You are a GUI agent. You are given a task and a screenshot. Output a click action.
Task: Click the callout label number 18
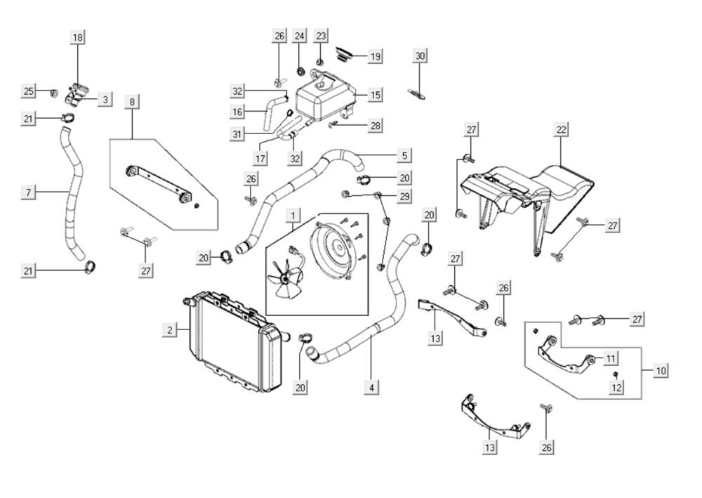pos(77,37)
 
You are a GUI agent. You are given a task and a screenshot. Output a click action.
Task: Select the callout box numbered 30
pos(420,55)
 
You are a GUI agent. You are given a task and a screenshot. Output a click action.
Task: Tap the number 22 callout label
pos(561,129)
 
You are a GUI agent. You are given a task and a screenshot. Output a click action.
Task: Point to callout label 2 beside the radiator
pos(168,329)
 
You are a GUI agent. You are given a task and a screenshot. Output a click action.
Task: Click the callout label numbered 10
pos(661,369)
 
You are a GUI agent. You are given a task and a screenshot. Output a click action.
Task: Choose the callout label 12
pos(616,387)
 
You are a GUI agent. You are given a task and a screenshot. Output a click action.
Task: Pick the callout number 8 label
pos(131,101)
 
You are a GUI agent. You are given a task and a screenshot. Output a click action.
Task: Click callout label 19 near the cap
pos(376,56)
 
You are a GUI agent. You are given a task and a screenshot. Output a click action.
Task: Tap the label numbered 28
pos(376,126)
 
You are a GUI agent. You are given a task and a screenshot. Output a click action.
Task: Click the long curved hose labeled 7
pos(72,193)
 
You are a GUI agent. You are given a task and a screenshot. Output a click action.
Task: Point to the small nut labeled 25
pos(53,92)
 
